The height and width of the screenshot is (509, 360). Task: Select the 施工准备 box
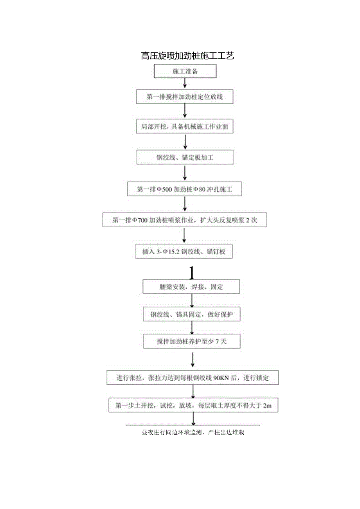click(185, 72)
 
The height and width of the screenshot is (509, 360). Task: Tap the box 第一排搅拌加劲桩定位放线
click(185, 97)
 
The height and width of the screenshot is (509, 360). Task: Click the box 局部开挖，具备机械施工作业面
click(185, 127)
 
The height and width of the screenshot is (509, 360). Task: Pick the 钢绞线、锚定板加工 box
click(185, 158)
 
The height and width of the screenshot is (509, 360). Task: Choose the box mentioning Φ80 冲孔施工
click(185, 189)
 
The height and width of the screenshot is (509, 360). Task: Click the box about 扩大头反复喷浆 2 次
click(185, 220)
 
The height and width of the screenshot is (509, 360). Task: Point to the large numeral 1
click(191, 272)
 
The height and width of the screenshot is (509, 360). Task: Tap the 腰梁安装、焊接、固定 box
click(191, 287)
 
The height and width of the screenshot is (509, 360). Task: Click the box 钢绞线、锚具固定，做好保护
click(191, 314)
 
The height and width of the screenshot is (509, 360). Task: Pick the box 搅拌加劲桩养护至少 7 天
click(191, 342)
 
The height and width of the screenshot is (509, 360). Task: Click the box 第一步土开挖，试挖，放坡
click(193, 406)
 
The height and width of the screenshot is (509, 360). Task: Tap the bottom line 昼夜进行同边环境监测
click(193, 433)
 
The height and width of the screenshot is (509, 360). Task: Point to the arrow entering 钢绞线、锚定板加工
click(185, 142)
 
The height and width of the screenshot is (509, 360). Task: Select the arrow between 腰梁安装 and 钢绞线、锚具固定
click(192, 300)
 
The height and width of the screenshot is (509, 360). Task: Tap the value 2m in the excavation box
click(267, 406)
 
